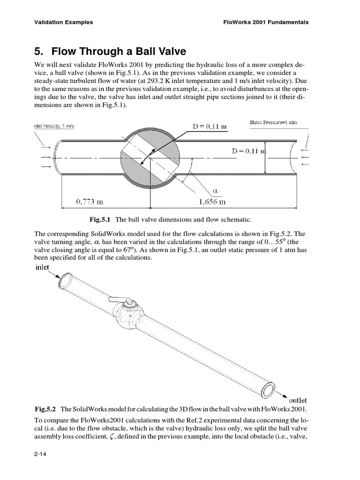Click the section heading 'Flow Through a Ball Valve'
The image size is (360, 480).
coord(119,51)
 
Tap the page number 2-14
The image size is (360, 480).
coord(40,454)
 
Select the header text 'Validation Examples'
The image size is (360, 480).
coord(64,22)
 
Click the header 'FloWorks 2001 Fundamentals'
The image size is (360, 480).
coord(266,22)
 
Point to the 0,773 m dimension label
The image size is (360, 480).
coord(90,202)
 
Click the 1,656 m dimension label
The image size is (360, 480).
coord(212,202)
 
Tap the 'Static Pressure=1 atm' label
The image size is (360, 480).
coord(273,122)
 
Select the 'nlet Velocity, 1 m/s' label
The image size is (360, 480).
coord(54,126)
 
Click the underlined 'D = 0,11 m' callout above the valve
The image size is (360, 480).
coord(210,127)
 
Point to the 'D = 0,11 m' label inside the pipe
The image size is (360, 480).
coord(249,151)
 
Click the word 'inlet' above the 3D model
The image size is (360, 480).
coord(42,267)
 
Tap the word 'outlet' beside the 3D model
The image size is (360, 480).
coord(298,400)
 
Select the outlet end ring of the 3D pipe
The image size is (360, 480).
coord(268,390)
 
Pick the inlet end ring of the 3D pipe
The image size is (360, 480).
coord(65,280)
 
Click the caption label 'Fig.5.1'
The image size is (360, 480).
coord(99,219)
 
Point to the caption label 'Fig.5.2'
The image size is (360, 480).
coord(45,409)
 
